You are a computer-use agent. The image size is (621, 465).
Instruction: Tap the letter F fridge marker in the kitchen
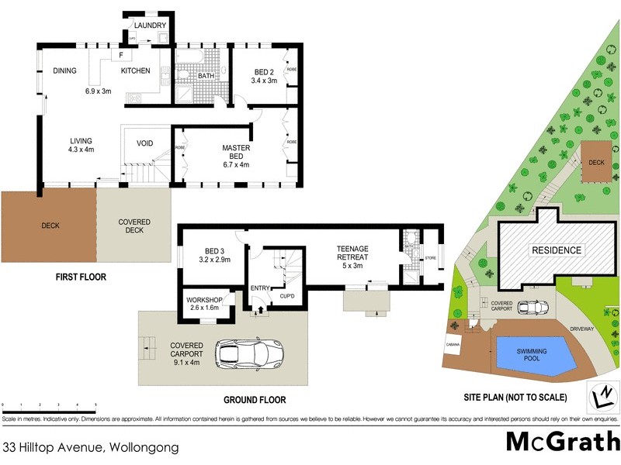(121, 54)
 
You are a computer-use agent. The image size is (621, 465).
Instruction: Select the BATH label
(206, 76)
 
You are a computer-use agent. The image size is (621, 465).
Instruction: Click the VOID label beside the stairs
(144, 143)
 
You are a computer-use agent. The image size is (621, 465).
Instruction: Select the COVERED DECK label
(134, 226)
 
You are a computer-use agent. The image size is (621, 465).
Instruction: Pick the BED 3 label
(215, 250)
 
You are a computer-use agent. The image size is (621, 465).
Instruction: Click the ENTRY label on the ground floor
(259, 288)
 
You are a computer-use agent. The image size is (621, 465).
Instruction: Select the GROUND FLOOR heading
(255, 401)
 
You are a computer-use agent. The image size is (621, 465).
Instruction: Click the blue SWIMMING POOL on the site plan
(533, 356)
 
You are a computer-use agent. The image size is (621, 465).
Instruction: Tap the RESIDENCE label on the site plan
(556, 250)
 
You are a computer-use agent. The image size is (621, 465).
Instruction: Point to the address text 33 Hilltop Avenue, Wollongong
(91, 447)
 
